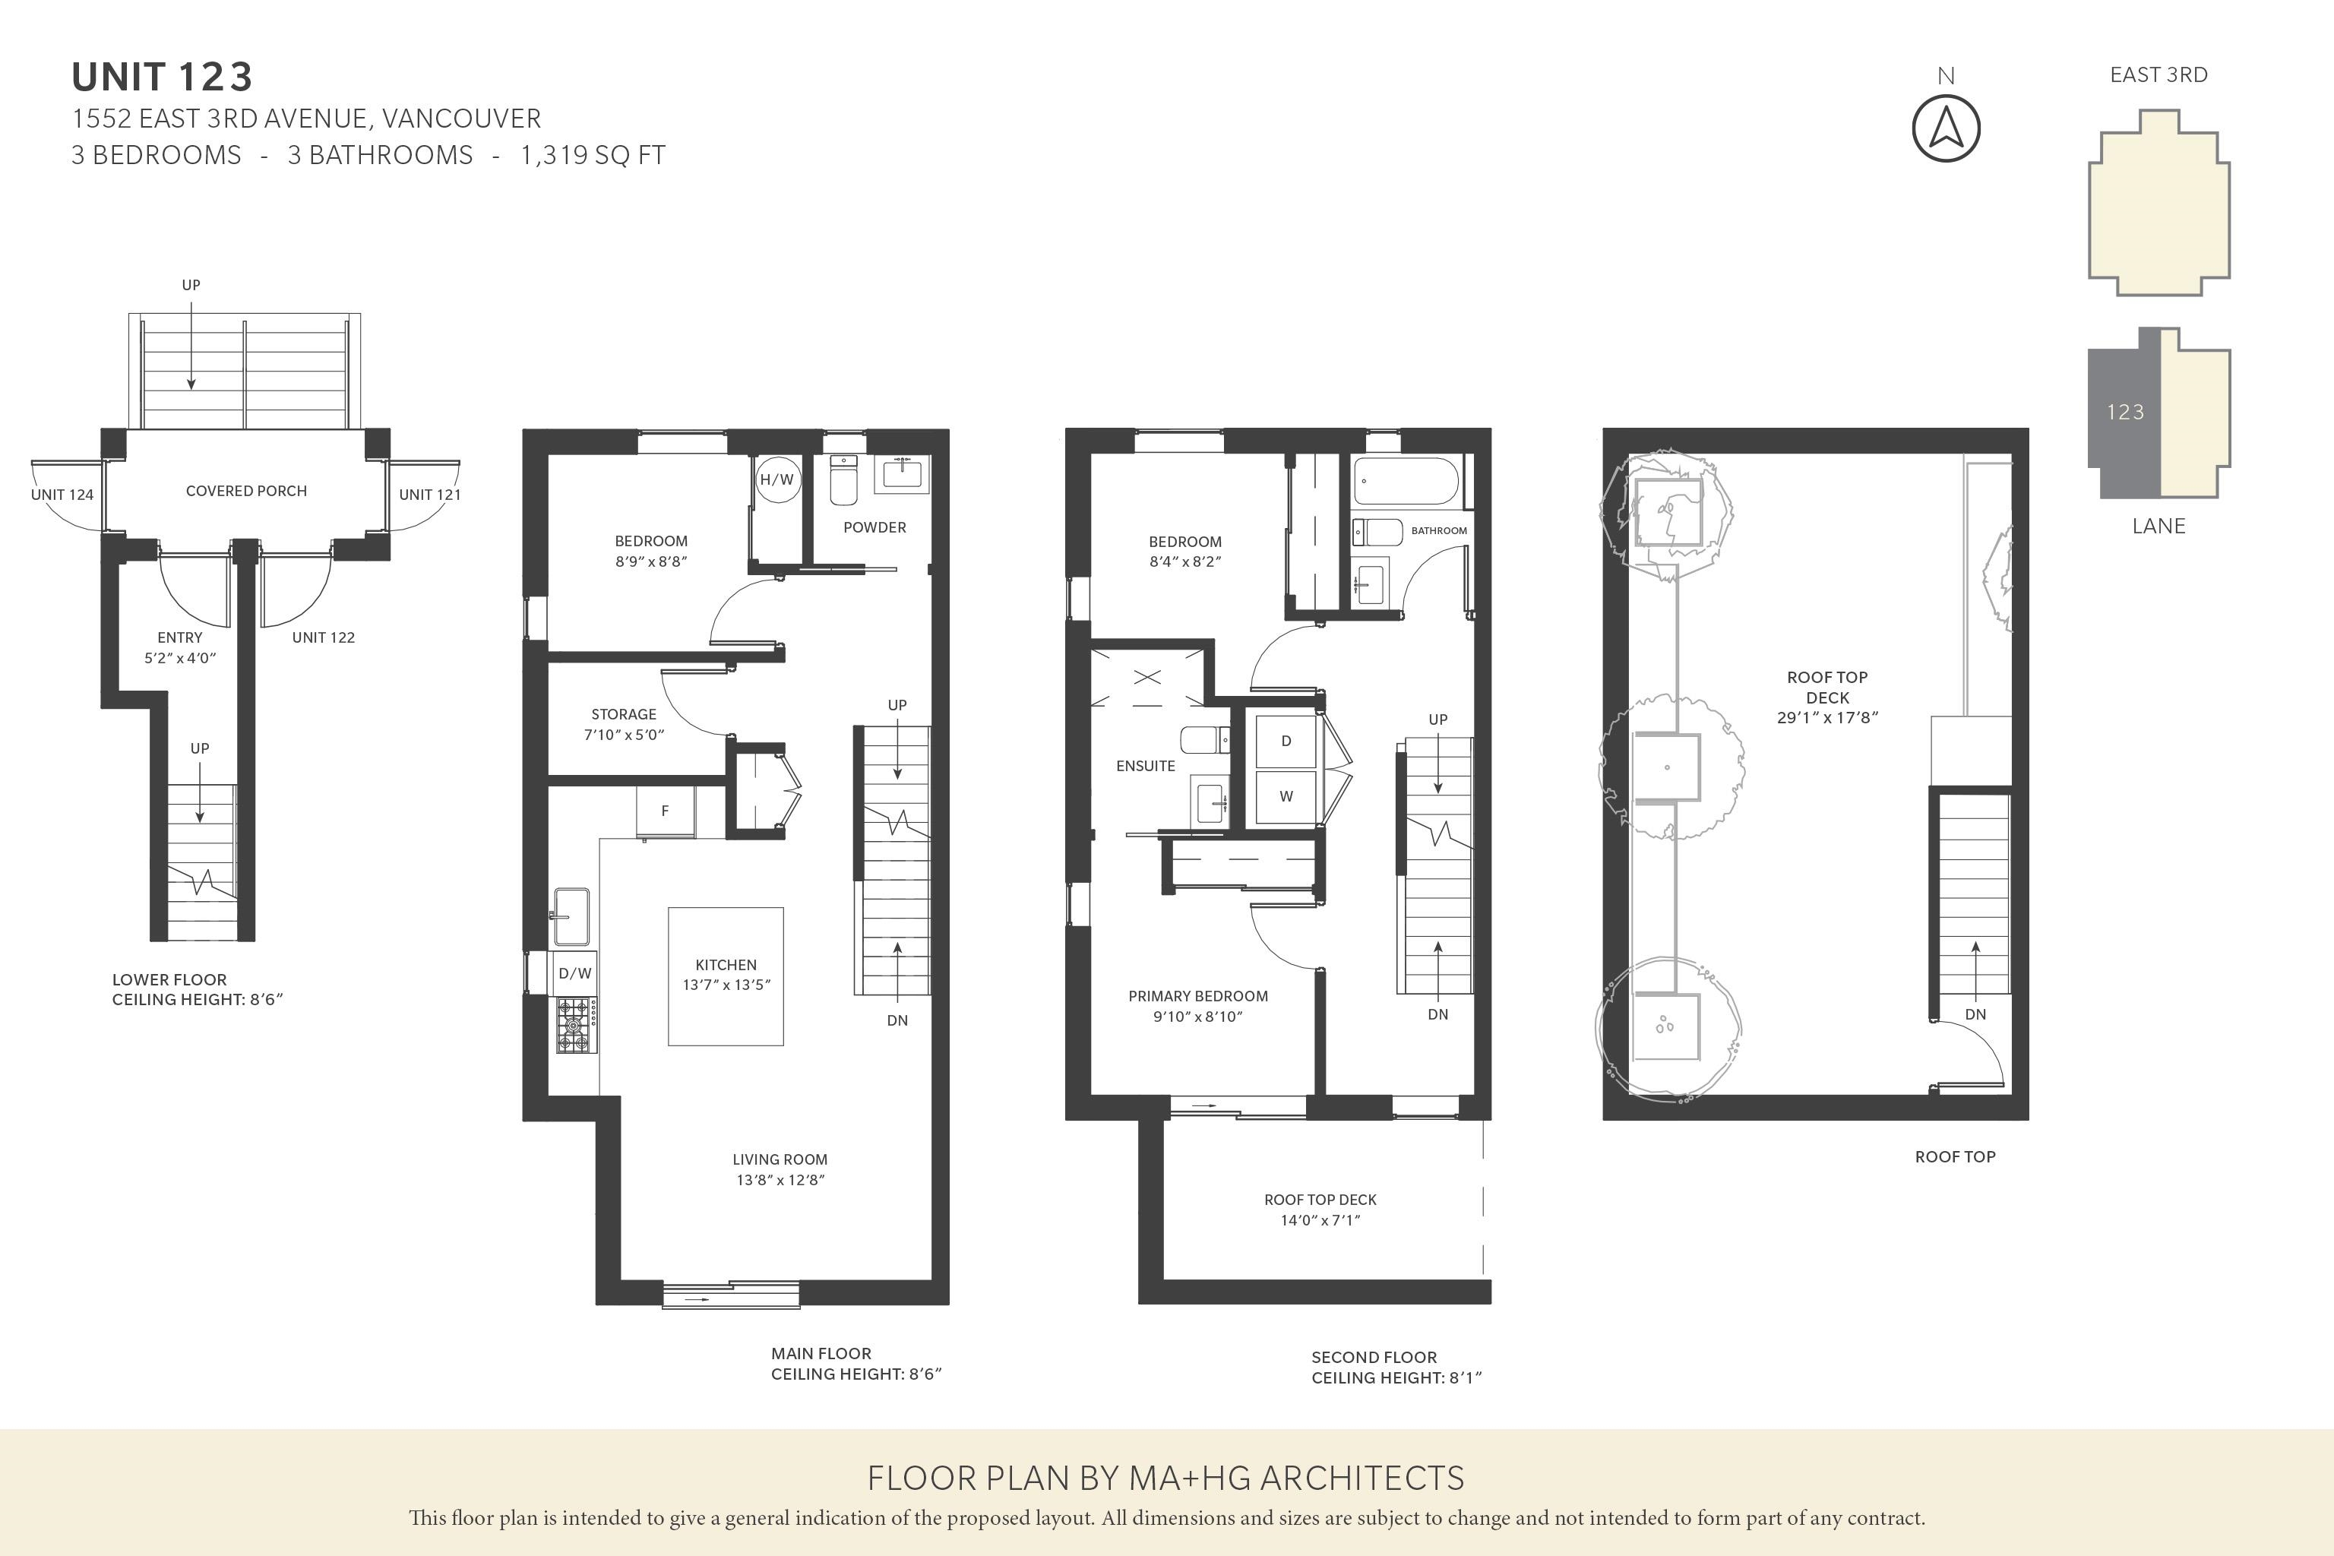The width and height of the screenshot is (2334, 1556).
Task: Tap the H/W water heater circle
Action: click(x=777, y=479)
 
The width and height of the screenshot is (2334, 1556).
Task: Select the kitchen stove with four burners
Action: click(x=576, y=1025)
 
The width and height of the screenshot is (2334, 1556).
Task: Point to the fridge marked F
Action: click(x=665, y=811)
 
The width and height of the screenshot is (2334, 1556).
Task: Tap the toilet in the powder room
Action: click(x=843, y=480)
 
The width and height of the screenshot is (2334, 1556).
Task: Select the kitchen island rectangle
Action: click(x=726, y=976)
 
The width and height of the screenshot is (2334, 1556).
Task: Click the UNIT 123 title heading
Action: click(x=163, y=77)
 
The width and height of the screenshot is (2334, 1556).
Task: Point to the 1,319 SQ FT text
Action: click(x=593, y=156)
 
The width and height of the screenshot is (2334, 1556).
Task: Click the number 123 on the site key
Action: click(x=2126, y=412)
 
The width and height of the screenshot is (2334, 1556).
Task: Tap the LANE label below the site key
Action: click(x=2159, y=526)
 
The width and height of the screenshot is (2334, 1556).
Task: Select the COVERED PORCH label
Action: click(x=246, y=492)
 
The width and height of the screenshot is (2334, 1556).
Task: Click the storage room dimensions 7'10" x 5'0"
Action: click(x=623, y=735)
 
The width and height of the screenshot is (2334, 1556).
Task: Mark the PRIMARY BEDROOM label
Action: click(x=1197, y=996)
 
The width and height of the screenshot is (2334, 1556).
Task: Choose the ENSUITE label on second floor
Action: click(x=1145, y=766)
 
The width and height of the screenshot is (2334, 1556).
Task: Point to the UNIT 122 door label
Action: click(x=324, y=638)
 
